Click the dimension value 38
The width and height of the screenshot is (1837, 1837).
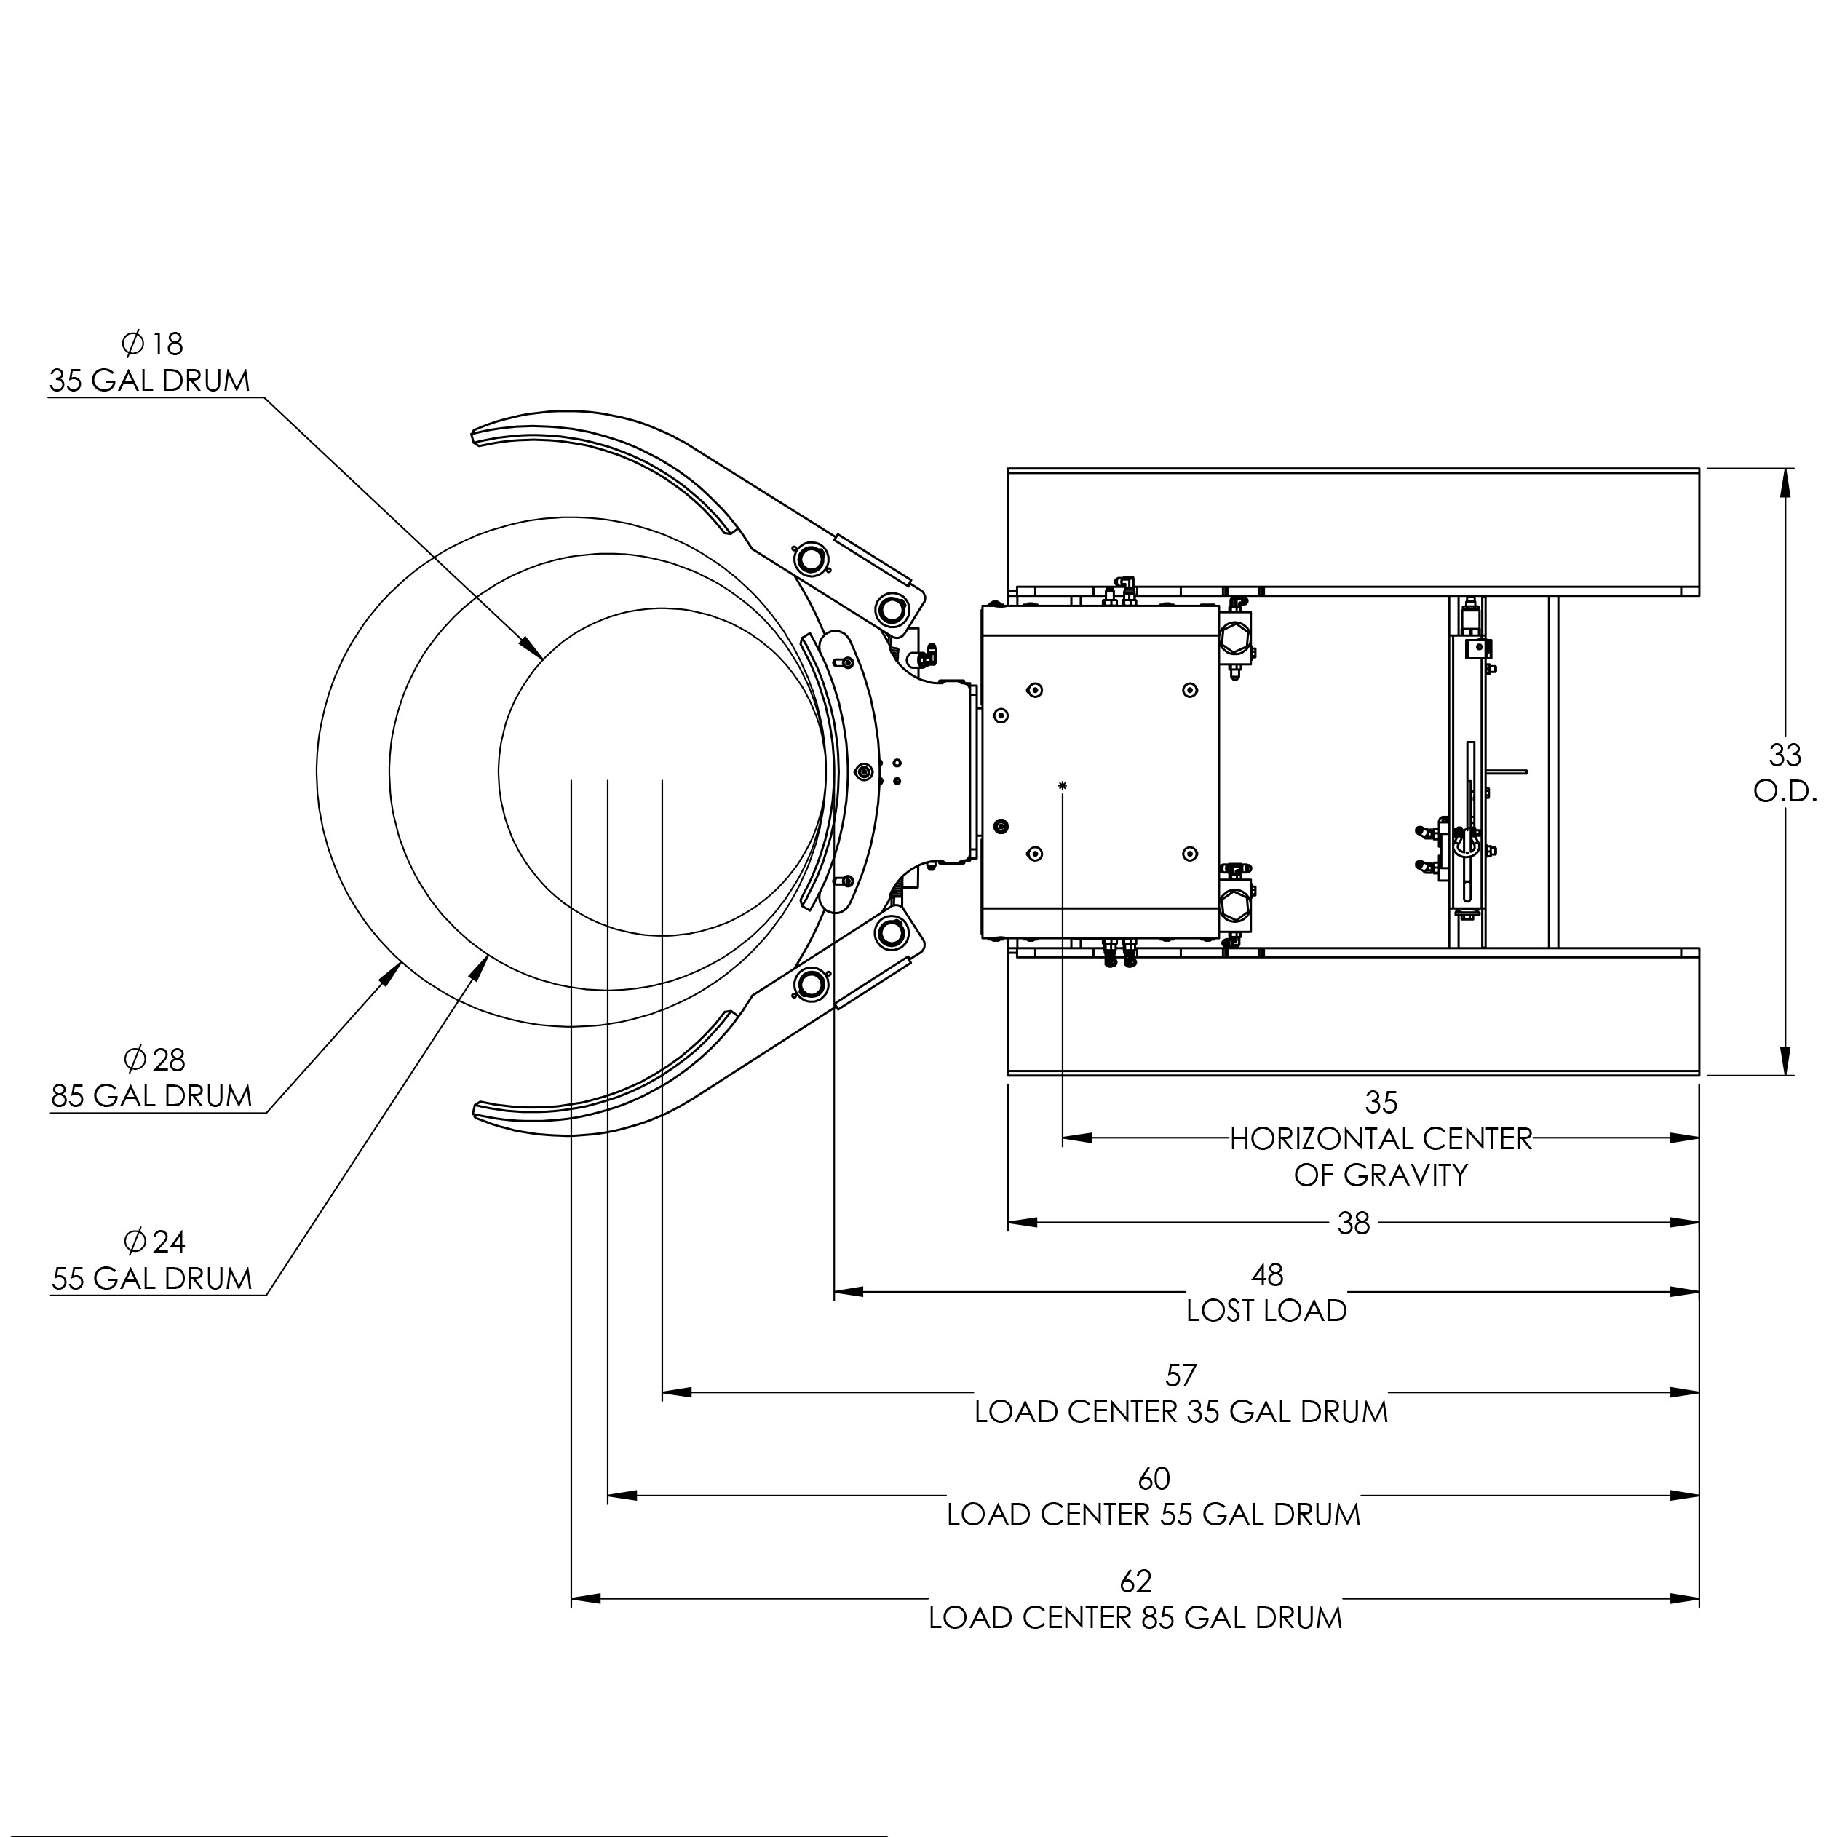tap(1352, 1223)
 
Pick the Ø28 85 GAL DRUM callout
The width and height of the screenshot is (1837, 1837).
tap(152, 1078)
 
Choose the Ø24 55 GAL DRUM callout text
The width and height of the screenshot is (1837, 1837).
tap(152, 1261)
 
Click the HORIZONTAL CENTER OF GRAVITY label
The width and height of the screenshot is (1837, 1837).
tap(1381, 1157)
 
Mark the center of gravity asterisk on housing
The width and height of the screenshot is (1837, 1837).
tap(1062, 785)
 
